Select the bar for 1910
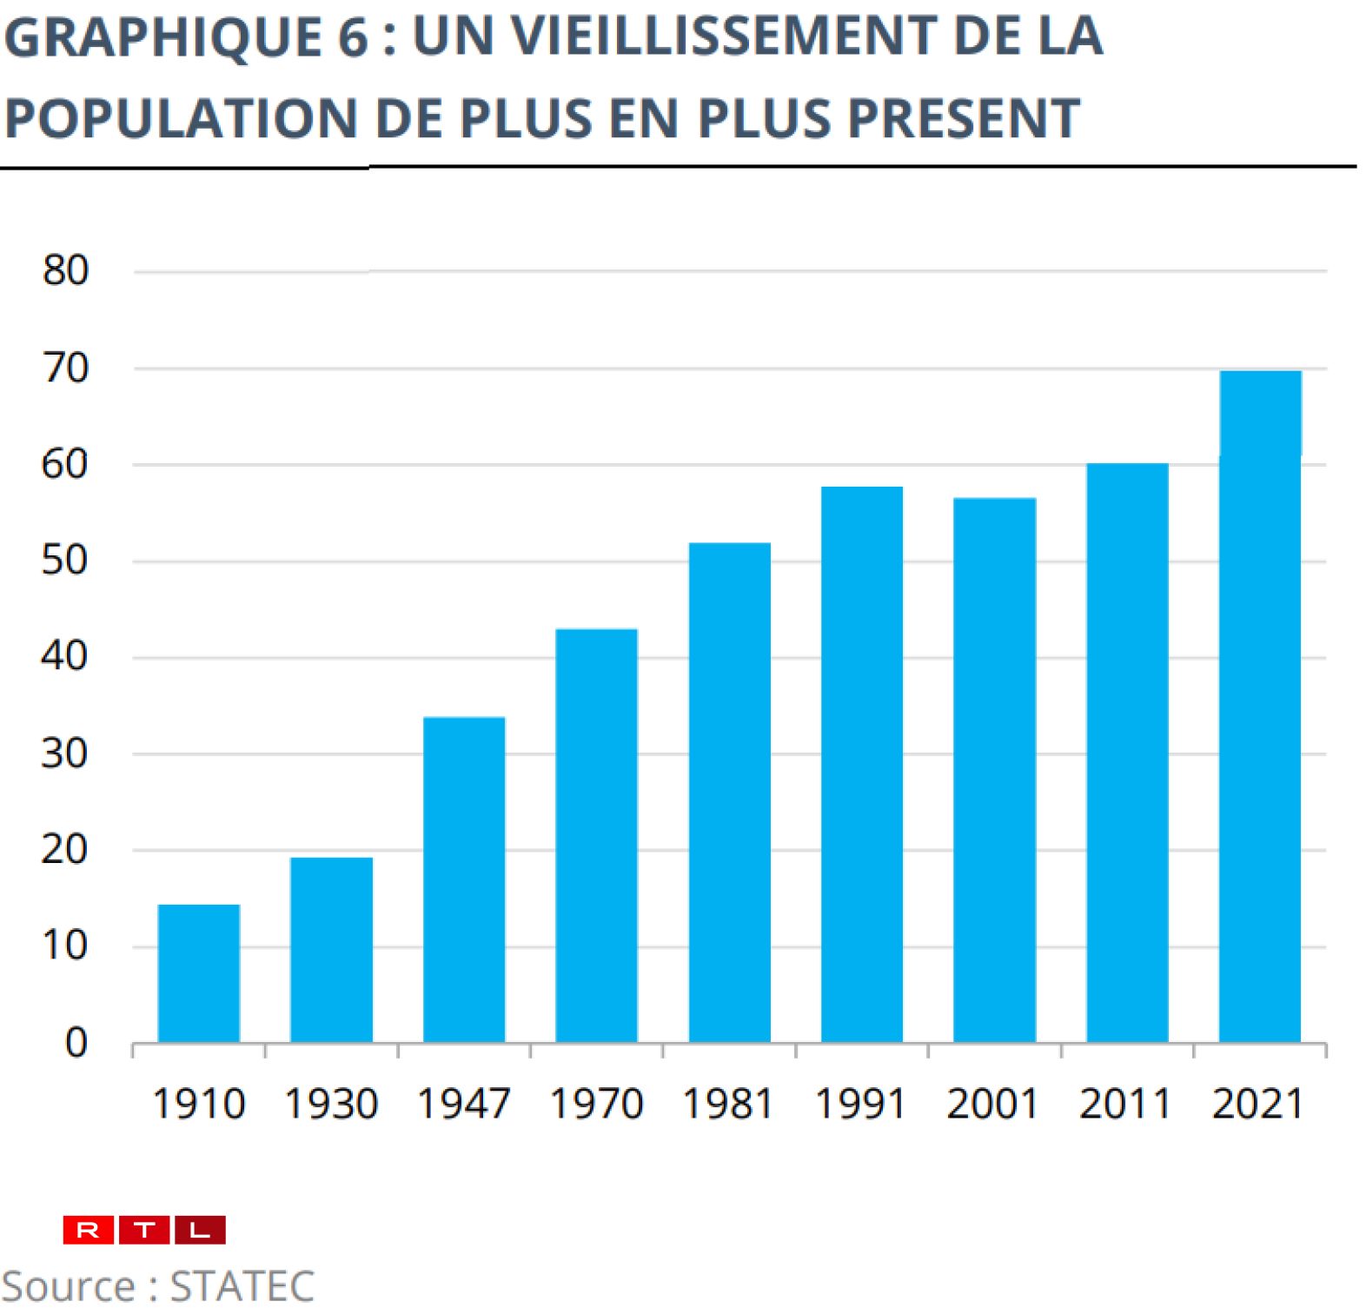[199, 973]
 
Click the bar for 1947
[464, 879]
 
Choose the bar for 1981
[729, 792]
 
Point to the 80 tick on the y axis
[66, 271]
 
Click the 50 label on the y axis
[65, 561]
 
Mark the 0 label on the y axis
[76, 1042]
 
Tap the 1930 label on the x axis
[331, 1105]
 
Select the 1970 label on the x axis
[596, 1105]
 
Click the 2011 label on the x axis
[1126, 1105]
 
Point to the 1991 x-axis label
[861, 1105]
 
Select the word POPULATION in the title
[181, 118]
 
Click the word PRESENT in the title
[963, 118]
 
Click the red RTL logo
[144, 1230]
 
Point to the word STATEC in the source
[242, 1286]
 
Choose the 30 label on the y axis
[65, 754]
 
